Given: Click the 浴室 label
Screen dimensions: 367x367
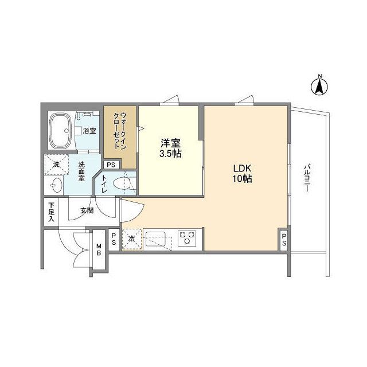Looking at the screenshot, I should (x=89, y=131).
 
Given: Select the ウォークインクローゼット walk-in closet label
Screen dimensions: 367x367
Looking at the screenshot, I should (x=120, y=130).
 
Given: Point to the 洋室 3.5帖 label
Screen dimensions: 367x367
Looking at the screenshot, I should (x=170, y=149).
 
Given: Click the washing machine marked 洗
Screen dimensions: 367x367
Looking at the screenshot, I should (x=56, y=165).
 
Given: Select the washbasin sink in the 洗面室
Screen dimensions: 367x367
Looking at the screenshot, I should (x=56, y=185).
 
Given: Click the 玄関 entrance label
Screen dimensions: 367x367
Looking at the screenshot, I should (x=86, y=210).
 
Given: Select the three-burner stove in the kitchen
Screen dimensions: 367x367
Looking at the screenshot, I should (x=188, y=238).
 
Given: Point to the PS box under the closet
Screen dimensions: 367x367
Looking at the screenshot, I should (x=111, y=165).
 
